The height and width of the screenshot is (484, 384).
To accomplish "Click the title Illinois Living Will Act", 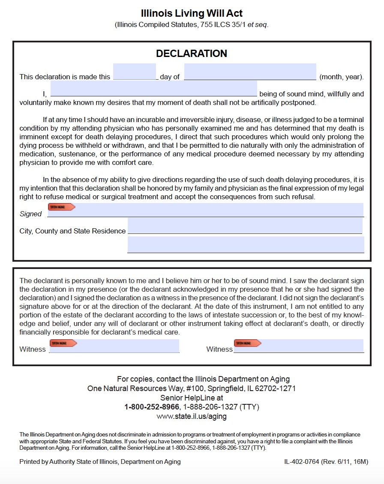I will pyautogui.click(x=192, y=14).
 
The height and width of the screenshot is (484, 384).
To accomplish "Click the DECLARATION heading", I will pyautogui.click(x=192, y=54).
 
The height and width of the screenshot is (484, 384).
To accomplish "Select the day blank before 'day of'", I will pyautogui.click(x=135, y=72).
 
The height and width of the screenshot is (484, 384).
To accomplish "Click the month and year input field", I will pyautogui.click(x=250, y=72).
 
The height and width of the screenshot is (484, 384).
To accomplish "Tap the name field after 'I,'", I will pyautogui.click(x=153, y=89).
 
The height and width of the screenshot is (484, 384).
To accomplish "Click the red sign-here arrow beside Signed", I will pyautogui.click(x=61, y=207).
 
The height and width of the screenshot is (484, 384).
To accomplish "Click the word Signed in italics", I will pyautogui.click(x=30, y=214).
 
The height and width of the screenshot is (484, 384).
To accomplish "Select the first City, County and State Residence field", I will pyautogui.click(x=245, y=226).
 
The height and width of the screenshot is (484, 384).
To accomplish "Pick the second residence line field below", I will pyautogui.click(x=246, y=245).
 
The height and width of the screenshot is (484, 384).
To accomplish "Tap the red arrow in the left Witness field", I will pyautogui.click(x=63, y=343).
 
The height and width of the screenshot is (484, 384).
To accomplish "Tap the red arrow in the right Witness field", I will pyautogui.click(x=247, y=343).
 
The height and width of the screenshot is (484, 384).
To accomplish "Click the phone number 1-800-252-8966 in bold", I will pyautogui.click(x=152, y=407).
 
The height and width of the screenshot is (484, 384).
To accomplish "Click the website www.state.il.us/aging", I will pyautogui.click(x=192, y=416).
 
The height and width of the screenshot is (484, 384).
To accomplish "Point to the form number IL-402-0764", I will pyautogui.click(x=302, y=462).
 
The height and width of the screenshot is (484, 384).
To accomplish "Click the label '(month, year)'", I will pyautogui.click(x=342, y=77).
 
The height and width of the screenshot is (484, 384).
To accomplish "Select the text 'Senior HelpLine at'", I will pyautogui.click(x=192, y=398).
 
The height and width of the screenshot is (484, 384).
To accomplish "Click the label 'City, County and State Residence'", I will pyautogui.click(x=72, y=231).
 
